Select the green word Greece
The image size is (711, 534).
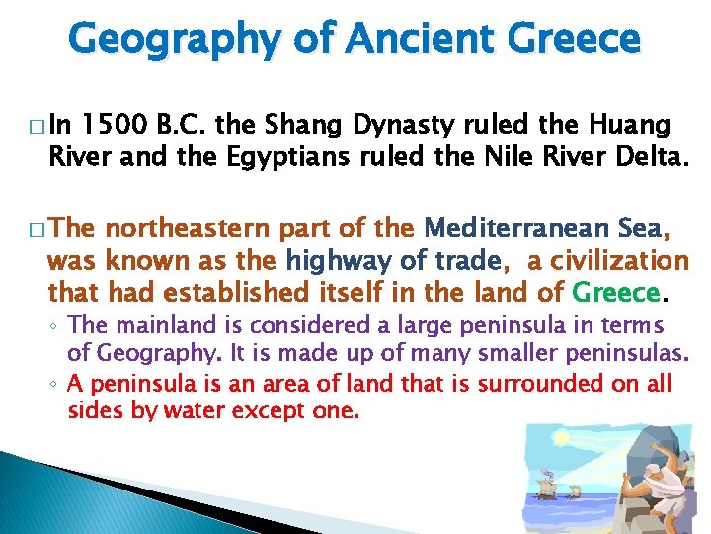615,293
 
